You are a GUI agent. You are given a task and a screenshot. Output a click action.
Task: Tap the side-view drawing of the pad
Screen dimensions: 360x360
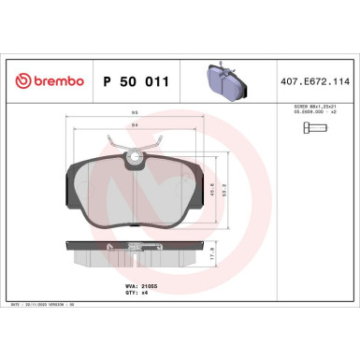click(138, 252)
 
